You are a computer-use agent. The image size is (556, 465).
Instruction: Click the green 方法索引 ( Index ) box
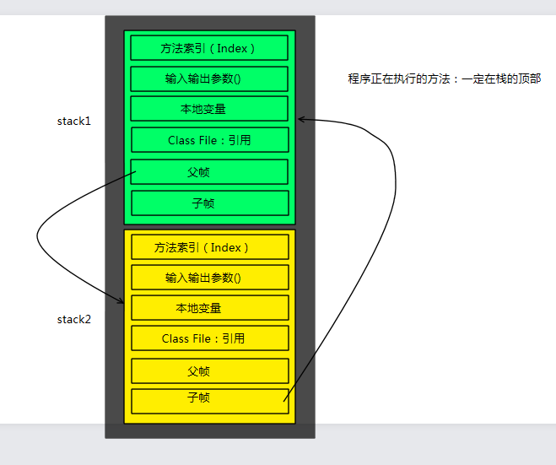209,48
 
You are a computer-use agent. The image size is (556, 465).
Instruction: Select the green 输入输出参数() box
209,78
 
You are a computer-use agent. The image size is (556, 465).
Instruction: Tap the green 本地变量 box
209,109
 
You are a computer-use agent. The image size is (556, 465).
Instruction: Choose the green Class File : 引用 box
209,140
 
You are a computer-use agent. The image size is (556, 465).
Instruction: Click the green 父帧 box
209,171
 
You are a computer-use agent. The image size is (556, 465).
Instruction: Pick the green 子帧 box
209,203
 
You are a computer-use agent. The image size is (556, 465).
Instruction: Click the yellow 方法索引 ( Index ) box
210,247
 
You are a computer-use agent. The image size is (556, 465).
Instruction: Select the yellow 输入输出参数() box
210,278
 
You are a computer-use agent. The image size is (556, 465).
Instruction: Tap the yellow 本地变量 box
210,308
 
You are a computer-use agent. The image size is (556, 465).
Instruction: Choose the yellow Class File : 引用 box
210,338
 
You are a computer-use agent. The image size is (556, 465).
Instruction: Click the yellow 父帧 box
210,370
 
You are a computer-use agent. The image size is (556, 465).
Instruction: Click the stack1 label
73,121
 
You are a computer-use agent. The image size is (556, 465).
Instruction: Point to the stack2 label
73,319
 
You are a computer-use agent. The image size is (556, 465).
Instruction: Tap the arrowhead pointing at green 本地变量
302,119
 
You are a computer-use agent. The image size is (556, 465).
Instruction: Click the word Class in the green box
181,140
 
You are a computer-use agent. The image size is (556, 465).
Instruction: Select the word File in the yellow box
202,338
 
